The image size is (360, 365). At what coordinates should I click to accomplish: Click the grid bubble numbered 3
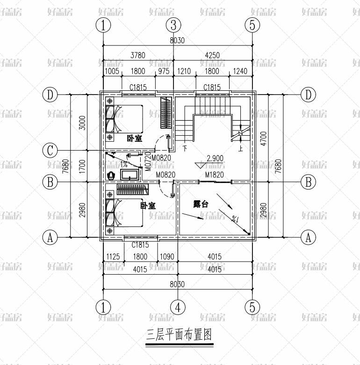173,25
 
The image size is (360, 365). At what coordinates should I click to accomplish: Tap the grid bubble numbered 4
178,307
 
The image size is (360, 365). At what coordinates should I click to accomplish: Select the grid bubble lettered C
50,151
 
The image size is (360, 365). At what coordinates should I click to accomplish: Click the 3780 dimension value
138,55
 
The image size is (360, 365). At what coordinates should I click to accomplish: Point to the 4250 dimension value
212,55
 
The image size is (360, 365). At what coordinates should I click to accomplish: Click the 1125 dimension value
114,256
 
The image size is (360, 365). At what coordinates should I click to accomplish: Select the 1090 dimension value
167,256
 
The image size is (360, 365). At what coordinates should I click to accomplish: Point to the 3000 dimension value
82,123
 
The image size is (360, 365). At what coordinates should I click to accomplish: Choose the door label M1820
214,175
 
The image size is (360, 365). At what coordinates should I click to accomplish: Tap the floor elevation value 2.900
215,158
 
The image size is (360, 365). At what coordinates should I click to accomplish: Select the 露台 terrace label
201,204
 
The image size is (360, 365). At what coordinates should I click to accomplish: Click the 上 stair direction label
240,149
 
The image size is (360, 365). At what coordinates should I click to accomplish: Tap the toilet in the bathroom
111,176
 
